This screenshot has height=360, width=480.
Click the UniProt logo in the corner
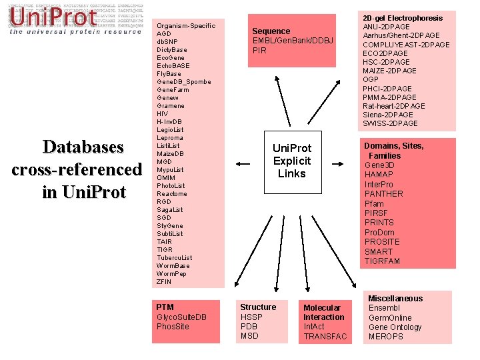click(53, 18)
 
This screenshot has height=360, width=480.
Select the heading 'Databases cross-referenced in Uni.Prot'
click(77, 169)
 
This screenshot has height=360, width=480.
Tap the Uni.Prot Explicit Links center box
click(291, 161)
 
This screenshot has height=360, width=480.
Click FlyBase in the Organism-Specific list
click(169, 74)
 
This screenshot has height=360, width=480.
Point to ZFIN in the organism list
click(164, 282)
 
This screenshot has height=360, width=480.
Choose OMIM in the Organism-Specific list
click(166, 178)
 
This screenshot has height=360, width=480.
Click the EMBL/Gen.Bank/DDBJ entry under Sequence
click(293, 41)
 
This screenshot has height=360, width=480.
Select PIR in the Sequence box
click(259, 50)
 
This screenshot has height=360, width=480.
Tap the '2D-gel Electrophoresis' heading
click(402, 19)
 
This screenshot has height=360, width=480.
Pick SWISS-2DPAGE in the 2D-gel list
click(390, 123)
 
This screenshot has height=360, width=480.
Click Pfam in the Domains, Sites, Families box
click(374, 203)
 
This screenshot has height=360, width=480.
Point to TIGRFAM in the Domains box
click(382, 261)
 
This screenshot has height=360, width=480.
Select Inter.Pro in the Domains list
click(379, 184)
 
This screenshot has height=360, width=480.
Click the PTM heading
click(165, 307)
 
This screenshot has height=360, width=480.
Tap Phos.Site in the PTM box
click(173, 327)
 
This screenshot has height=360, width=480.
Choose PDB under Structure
click(249, 327)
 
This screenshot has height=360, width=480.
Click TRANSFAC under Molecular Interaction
click(325, 337)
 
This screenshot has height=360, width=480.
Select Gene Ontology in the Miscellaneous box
click(395, 327)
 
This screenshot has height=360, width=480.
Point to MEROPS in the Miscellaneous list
click(386, 337)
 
